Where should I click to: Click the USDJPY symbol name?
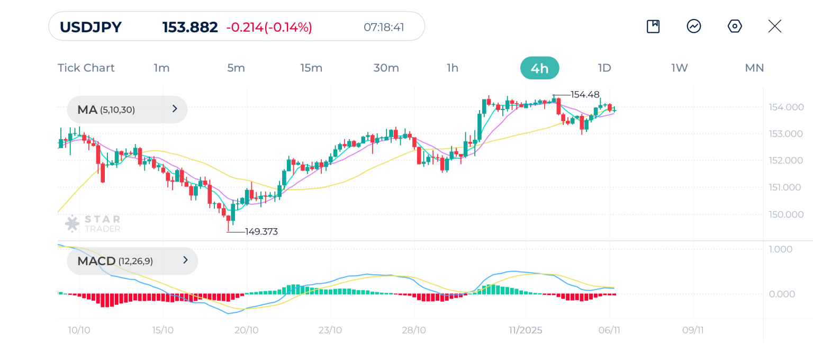tap(91, 27)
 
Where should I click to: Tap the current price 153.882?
tap(190, 27)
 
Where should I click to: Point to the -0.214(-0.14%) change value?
tap(269, 27)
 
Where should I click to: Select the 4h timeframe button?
tap(539, 68)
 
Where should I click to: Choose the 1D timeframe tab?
tap(604, 68)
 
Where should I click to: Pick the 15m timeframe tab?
tap(311, 68)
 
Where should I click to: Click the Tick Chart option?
tap(86, 68)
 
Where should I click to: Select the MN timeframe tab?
tap(754, 68)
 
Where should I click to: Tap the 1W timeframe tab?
tap(679, 68)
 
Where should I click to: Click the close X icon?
tap(774, 26)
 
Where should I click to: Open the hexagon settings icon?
tap(735, 26)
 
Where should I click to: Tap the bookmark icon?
tap(653, 26)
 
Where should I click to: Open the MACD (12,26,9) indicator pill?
tap(132, 260)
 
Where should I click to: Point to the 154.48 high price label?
tap(585, 95)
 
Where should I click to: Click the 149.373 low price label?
tap(261, 231)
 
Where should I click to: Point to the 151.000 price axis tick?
tap(785, 187)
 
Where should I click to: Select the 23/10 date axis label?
tap(330, 330)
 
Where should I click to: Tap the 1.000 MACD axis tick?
tap(781, 249)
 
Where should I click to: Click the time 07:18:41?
tap(384, 27)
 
